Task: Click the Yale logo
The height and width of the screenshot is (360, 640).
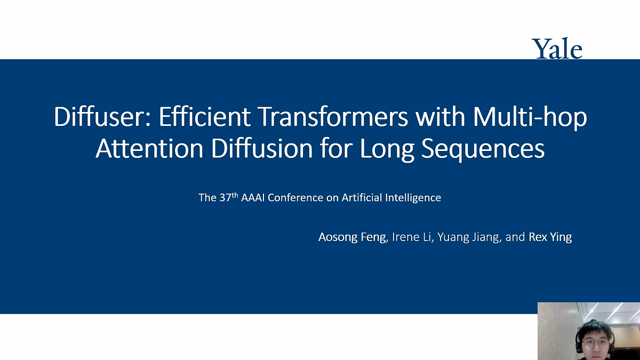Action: coord(557,49)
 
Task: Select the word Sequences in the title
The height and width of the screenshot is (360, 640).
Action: coord(483,149)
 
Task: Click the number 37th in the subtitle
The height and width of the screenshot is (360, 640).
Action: coord(225,197)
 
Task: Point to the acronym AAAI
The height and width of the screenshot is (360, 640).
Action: coord(253,198)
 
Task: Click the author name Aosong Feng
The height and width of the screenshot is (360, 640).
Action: coord(351,237)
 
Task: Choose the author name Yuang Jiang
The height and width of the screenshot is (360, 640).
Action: coord(469,237)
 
